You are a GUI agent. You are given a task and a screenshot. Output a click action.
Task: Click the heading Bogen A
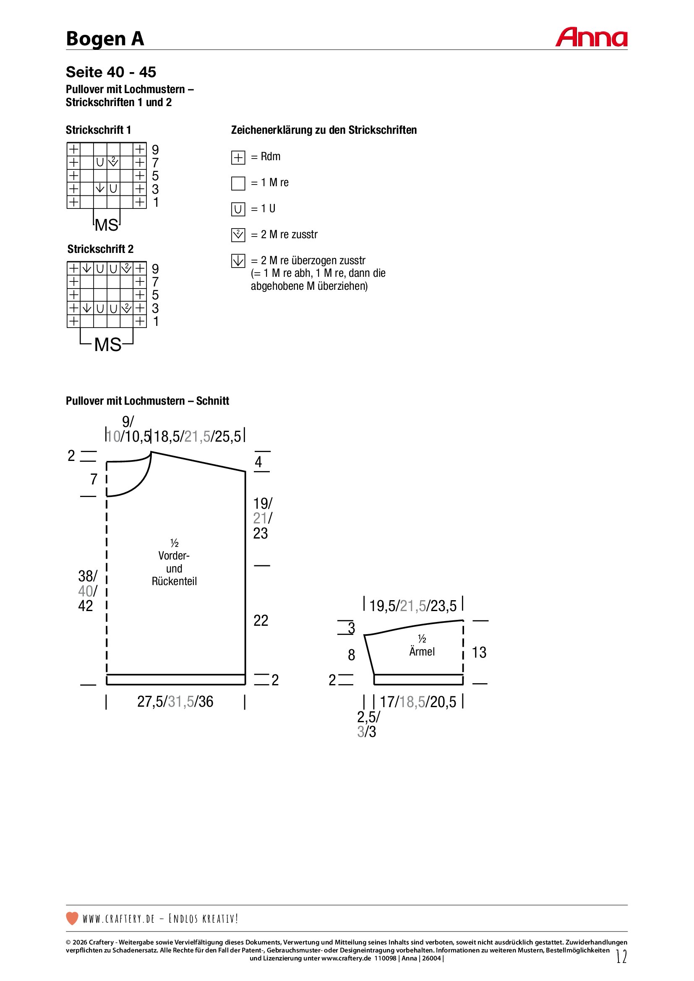pyautogui.click(x=105, y=39)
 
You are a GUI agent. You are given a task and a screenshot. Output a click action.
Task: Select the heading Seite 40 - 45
pyautogui.click(x=111, y=72)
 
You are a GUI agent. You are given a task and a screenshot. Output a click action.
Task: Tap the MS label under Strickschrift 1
pyautogui.click(x=107, y=225)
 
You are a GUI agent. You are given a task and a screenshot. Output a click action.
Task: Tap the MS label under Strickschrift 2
pyautogui.click(x=108, y=344)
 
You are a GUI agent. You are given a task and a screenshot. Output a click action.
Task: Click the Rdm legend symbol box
pyautogui.click(x=238, y=158)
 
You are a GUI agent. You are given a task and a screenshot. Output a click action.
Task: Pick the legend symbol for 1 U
pyautogui.click(x=238, y=209)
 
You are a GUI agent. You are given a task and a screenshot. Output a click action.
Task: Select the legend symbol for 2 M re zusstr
pyautogui.click(x=238, y=235)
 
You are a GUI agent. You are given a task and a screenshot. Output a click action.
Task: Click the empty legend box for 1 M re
pyautogui.click(x=238, y=183)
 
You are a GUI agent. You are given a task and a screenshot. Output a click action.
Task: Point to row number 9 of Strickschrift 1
pyautogui.click(x=155, y=150)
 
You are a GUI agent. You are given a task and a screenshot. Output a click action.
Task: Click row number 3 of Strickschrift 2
pyautogui.click(x=155, y=308)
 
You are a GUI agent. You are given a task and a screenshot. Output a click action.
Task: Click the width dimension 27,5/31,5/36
pyautogui.click(x=175, y=702)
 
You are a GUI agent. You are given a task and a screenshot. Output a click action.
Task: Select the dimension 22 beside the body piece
pyautogui.click(x=261, y=620)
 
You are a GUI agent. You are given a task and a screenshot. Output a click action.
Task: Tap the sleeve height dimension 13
pyautogui.click(x=479, y=653)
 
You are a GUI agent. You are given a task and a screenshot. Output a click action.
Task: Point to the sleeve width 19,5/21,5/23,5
pyautogui.click(x=413, y=606)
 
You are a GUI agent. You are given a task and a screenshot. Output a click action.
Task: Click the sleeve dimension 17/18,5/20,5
pyautogui.click(x=418, y=702)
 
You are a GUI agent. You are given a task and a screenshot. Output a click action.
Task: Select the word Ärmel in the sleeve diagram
pyautogui.click(x=422, y=652)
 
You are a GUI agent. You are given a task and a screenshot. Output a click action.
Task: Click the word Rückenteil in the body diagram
pyautogui.click(x=175, y=581)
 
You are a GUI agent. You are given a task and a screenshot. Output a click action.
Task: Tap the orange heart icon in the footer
pyautogui.click(x=72, y=918)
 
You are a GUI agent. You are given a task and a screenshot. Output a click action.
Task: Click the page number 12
pyautogui.click(x=621, y=956)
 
